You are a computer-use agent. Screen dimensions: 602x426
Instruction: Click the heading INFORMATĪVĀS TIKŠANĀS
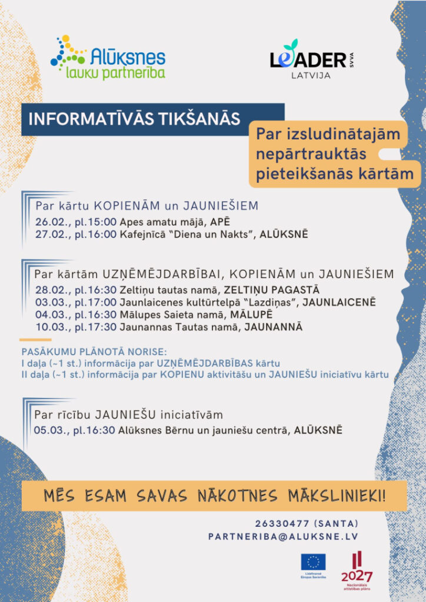[135, 119]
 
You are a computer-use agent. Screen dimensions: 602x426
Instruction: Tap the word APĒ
[219, 223]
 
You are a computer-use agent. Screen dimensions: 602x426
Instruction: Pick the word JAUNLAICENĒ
[338, 302]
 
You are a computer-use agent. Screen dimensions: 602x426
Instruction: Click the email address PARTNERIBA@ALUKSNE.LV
[283, 536]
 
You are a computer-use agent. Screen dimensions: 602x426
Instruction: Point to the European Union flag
[313, 563]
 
